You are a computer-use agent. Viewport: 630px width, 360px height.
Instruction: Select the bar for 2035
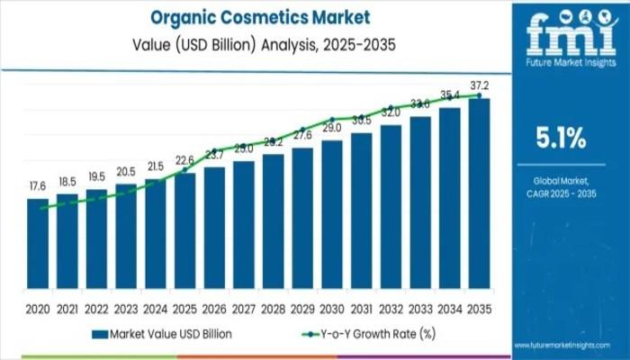(x=479, y=198)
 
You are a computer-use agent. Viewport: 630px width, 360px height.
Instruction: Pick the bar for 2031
(x=362, y=216)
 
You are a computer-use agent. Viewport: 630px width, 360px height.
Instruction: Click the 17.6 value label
(x=38, y=186)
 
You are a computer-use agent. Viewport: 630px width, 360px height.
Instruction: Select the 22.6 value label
(x=184, y=160)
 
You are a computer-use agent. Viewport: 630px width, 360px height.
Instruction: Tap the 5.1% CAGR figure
(x=560, y=139)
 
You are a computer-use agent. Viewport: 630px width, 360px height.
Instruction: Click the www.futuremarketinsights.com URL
(x=571, y=345)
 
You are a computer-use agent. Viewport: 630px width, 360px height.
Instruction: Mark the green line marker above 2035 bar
(x=479, y=94)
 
